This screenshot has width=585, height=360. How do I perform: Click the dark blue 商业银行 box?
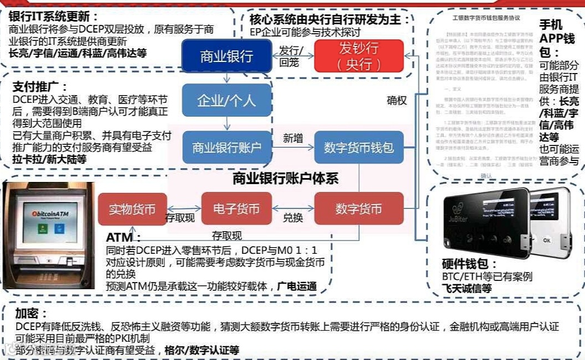click(226, 56)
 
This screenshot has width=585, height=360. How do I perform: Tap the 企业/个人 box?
click(226, 100)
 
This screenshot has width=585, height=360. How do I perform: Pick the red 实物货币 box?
click(132, 208)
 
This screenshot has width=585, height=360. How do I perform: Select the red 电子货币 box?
click(236, 208)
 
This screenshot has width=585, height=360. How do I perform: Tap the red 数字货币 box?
click(359, 208)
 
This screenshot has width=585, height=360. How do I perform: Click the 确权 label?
click(396, 101)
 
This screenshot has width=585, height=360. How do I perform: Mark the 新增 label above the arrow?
click(293, 138)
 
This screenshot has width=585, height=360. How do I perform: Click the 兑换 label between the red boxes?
click(293, 218)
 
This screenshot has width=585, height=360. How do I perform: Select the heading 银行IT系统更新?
click(53, 17)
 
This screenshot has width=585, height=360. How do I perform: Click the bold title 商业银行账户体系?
click(285, 178)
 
